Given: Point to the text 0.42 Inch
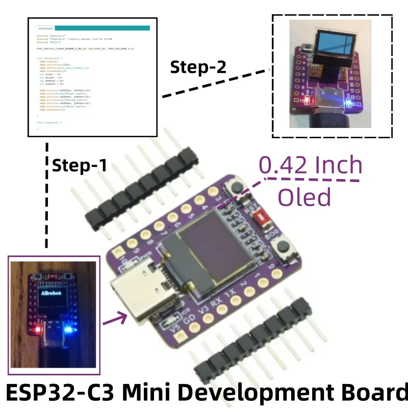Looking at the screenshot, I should [x=311, y=165].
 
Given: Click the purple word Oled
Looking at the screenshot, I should [x=304, y=197].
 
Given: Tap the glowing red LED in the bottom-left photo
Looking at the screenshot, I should [x=37, y=329].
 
